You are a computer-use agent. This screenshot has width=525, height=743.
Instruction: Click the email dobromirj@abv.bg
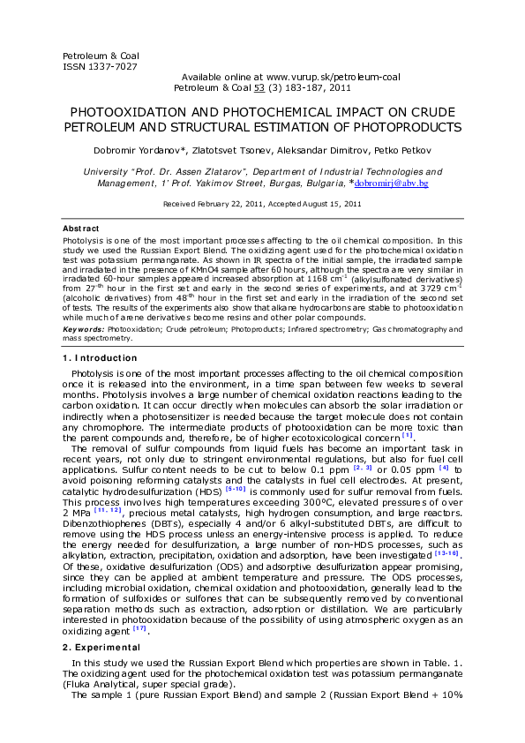[391, 184]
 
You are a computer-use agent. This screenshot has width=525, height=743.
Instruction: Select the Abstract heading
[81, 229]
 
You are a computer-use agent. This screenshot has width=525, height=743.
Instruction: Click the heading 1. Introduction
[100, 357]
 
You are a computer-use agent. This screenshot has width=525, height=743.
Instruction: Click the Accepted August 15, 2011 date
[314, 204]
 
